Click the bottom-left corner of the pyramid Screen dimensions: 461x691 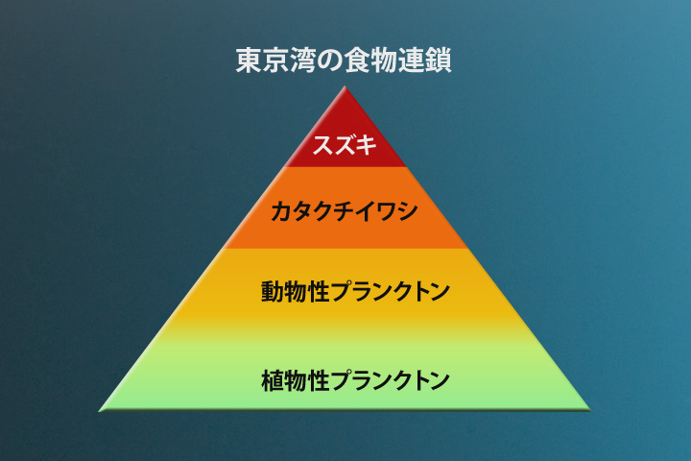tap(101, 410)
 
